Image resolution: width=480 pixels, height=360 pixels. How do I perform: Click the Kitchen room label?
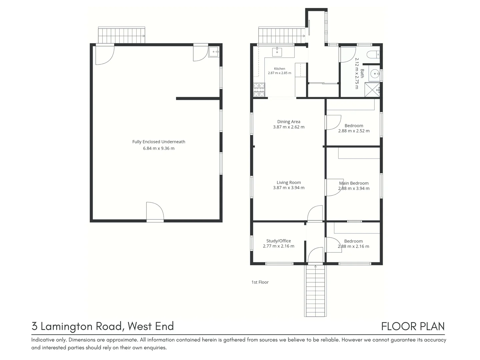pyautogui.click(x=279, y=69)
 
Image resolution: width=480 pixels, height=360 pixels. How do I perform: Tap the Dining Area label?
pyautogui.click(x=289, y=122)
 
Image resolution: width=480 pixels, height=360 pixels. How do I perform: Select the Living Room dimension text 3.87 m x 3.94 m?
pyautogui.click(x=289, y=188)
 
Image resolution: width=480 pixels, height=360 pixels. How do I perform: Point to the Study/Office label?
pyautogui.click(x=278, y=241)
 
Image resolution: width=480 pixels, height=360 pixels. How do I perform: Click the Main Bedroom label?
pyautogui.click(x=354, y=183)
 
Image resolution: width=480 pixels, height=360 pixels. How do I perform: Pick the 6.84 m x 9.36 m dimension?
pyautogui.click(x=159, y=148)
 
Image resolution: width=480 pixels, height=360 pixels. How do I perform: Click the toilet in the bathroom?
pyautogui.click(x=373, y=54)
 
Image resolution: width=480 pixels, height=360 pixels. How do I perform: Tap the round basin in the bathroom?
pyautogui.click(x=375, y=74)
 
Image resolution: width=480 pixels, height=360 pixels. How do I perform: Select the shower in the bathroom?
pyautogui.click(x=372, y=90)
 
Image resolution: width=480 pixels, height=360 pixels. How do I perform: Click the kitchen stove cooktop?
pyautogui.click(x=259, y=90)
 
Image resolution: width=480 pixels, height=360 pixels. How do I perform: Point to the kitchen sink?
pyautogui.click(x=277, y=52)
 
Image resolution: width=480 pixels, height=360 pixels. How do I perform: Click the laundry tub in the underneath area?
pyautogui.click(x=213, y=52)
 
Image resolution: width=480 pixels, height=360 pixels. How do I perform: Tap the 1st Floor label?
pyautogui.click(x=260, y=282)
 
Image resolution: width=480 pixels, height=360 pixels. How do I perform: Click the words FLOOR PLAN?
pyautogui.click(x=413, y=326)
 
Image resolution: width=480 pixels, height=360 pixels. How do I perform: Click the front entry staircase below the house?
pyautogui.click(x=315, y=291)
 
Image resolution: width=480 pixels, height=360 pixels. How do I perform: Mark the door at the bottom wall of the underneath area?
pyautogui.click(x=155, y=212)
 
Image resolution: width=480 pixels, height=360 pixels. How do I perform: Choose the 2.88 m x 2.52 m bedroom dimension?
pyautogui.click(x=354, y=131)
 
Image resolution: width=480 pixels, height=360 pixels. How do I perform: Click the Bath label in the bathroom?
pyautogui.click(x=362, y=73)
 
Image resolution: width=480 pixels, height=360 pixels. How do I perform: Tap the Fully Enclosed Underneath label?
pyautogui.click(x=159, y=142)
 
